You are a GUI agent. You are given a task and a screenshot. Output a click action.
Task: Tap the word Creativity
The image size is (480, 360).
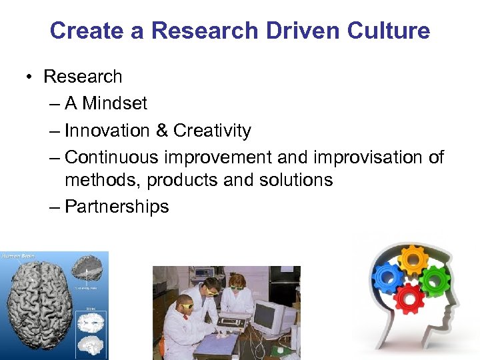(212, 131)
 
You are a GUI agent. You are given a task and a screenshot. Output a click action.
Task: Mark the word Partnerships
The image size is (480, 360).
(117, 207)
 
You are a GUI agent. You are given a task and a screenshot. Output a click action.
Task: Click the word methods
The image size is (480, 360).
(103, 180)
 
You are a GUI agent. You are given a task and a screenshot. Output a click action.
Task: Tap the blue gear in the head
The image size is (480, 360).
(386, 275)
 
